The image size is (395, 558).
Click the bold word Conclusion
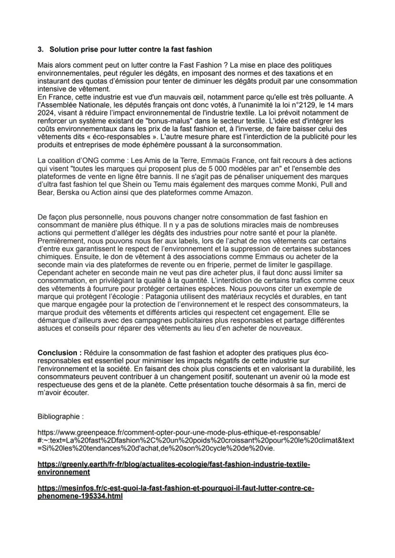[x=59, y=352]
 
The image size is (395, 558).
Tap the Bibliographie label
[x=60, y=416]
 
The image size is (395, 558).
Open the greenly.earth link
[x=173, y=468]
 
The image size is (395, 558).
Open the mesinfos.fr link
[x=175, y=492]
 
